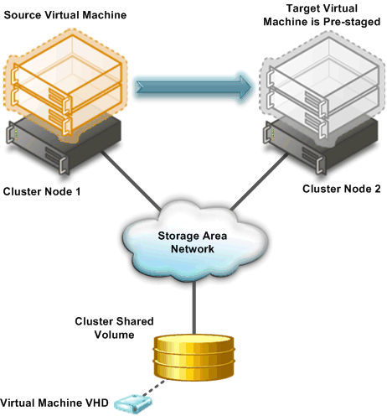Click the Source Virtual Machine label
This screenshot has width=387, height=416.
coord(65,15)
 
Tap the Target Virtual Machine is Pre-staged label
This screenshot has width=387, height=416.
coord(322,15)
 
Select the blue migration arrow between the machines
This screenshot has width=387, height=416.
coord(193,87)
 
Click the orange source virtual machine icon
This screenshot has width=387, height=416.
coord(65,86)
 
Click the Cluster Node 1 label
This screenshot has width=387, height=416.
coord(42,191)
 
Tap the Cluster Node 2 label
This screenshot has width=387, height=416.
coord(342,189)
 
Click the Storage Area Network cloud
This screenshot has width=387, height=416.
coord(194,242)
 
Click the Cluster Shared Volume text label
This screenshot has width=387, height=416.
coord(114,328)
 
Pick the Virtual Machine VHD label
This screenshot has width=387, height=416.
coord(54,403)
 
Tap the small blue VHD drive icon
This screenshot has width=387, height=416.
coord(134,404)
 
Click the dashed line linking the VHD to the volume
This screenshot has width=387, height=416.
coord(153,387)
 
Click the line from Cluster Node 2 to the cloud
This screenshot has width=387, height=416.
coord(260,182)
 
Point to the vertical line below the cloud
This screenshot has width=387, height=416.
coord(194,308)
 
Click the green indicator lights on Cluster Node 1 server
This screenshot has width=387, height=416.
coord(16,133)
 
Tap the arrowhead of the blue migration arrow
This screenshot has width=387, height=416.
coord(245,87)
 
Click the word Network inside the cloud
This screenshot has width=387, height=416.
coord(193,248)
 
